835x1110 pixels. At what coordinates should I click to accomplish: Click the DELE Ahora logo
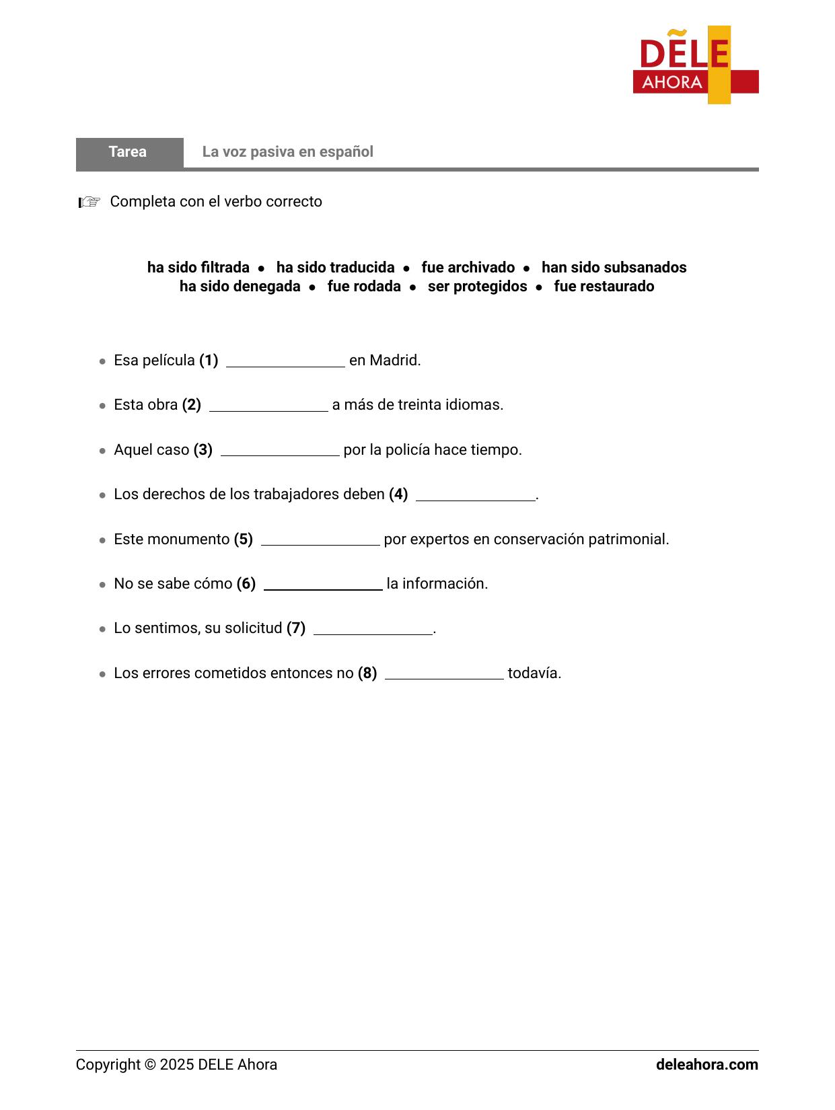click(x=695, y=65)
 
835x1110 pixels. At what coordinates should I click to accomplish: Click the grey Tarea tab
click(x=129, y=152)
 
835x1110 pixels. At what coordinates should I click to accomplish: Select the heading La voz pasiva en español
click(x=287, y=152)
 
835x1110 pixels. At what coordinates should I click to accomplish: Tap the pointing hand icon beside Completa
click(x=89, y=202)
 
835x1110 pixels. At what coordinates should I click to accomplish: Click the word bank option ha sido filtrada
click(x=198, y=268)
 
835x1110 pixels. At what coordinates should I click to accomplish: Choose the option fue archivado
click(x=468, y=268)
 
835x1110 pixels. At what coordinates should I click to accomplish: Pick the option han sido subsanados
click(x=614, y=268)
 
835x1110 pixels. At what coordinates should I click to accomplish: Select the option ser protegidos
click(x=477, y=287)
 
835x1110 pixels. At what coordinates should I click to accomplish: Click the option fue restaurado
click(x=604, y=287)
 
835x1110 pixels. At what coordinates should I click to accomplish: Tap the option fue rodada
click(x=363, y=287)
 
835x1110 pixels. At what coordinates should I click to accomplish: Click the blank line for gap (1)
click(x=285, y=361)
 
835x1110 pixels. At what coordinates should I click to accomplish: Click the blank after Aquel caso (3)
click(x=280, y=451)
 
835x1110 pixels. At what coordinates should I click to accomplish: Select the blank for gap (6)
click(x=323, y=585)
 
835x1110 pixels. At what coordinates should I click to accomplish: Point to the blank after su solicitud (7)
click(x=373, y=629)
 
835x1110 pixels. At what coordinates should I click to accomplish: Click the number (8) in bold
click(x=367, y=673)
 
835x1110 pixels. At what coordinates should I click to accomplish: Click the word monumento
click(x=196, y=540)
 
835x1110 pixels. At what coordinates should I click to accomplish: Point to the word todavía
click(x=534, y=673)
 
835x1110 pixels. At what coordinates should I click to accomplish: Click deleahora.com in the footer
click(x=706, y=1065)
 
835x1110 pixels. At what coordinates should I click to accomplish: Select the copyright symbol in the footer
click(x=150, y=1065)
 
